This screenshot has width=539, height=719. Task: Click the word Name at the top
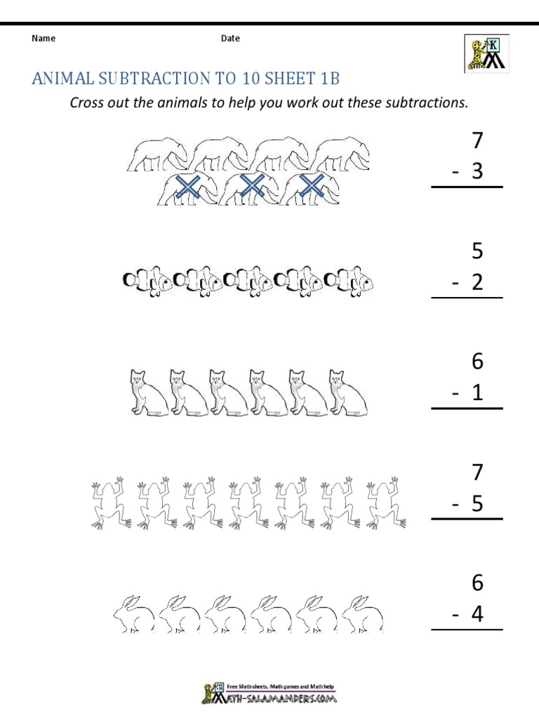[44, 39]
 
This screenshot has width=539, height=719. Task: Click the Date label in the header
[230, 39]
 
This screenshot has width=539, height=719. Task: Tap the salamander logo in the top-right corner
[484, 53]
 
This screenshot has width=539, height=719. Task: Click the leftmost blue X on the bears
[187, 187]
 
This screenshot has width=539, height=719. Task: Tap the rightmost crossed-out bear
[310, 188]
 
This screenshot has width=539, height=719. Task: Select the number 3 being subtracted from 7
[478, 171]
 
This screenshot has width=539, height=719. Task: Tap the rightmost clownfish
[350, 282]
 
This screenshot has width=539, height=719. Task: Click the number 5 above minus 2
[478, 251]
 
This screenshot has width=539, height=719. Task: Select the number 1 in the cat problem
[478, 393]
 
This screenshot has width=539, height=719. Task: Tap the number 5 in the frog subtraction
[478, 504]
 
